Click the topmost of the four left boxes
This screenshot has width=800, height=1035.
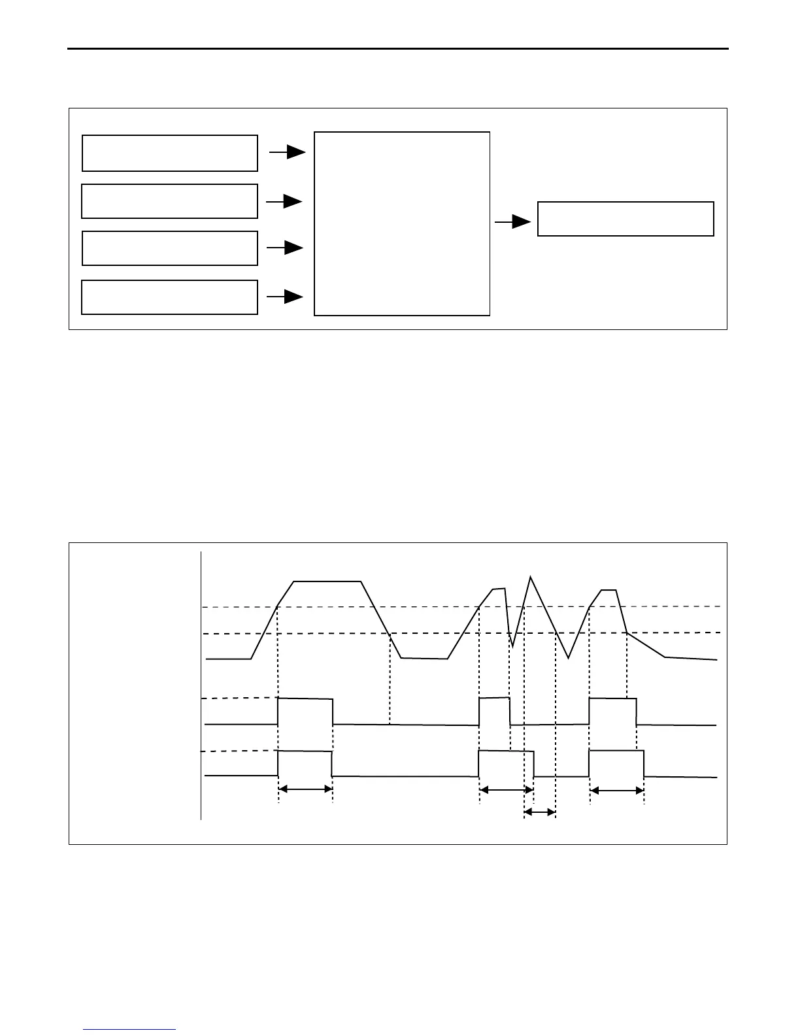click(169, 153)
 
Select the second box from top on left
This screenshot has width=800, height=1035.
click(169, 201)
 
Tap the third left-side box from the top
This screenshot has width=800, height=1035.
click(169, 248)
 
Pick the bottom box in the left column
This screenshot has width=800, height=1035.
click(169, 297)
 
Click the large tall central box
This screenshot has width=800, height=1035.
click(402, 224)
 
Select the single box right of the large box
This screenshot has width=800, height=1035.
click(625, 219)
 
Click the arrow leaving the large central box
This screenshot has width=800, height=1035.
click(513, 222)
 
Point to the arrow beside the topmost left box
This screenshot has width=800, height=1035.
click(288, 152)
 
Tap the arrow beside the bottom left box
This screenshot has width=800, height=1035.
click(286, 297)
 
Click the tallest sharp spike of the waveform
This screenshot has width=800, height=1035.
click(531, 578)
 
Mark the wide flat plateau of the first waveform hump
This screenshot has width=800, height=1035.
click(327, 581)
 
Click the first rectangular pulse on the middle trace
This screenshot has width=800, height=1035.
click(305, 711)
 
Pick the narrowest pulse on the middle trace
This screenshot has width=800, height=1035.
click(495, 711)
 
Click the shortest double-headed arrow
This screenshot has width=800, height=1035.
click(540, 813)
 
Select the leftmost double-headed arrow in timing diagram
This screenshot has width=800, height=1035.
click(306, 789)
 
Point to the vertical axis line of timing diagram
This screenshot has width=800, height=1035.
click(201, 686)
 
